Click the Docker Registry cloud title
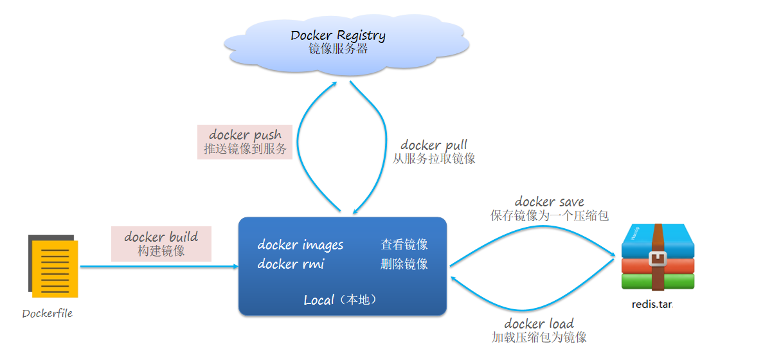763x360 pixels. [338, 35]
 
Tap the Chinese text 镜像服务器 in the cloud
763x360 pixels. [338, 49]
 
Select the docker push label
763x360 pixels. [245, 135]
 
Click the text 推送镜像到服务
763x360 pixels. [245, 150]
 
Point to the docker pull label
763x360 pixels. [434, 145]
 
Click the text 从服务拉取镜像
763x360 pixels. [434, 159]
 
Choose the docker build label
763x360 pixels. [161, 237]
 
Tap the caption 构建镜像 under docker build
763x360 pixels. [161, 251]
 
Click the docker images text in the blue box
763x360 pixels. [300, 245]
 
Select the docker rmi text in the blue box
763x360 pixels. [291, 264]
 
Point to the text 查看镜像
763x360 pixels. [404, 245]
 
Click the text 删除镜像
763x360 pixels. [404, 264]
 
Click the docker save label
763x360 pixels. [550, 202]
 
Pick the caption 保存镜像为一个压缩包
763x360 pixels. [550, 216]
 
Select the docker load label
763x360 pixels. [539, 323]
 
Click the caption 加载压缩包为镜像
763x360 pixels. [539, 337]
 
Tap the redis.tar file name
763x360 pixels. [652, 304]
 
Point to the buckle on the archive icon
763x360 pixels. [657, 258]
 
